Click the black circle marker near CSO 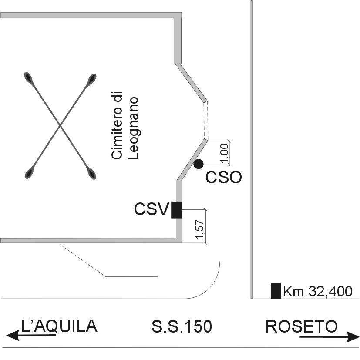[x=199, y=164]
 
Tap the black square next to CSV [x=176, y=210]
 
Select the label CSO [x=223, y=178]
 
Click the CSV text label [x=151, y=209]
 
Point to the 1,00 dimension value [x=225, y=154]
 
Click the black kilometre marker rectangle [x=276, y=290]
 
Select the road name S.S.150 [x=182, y=326]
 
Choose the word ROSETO [x=302, y=326]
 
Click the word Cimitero [x=116, y=125]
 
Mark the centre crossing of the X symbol [x=60, y=126]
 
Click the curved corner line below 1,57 [x=212, y=284]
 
